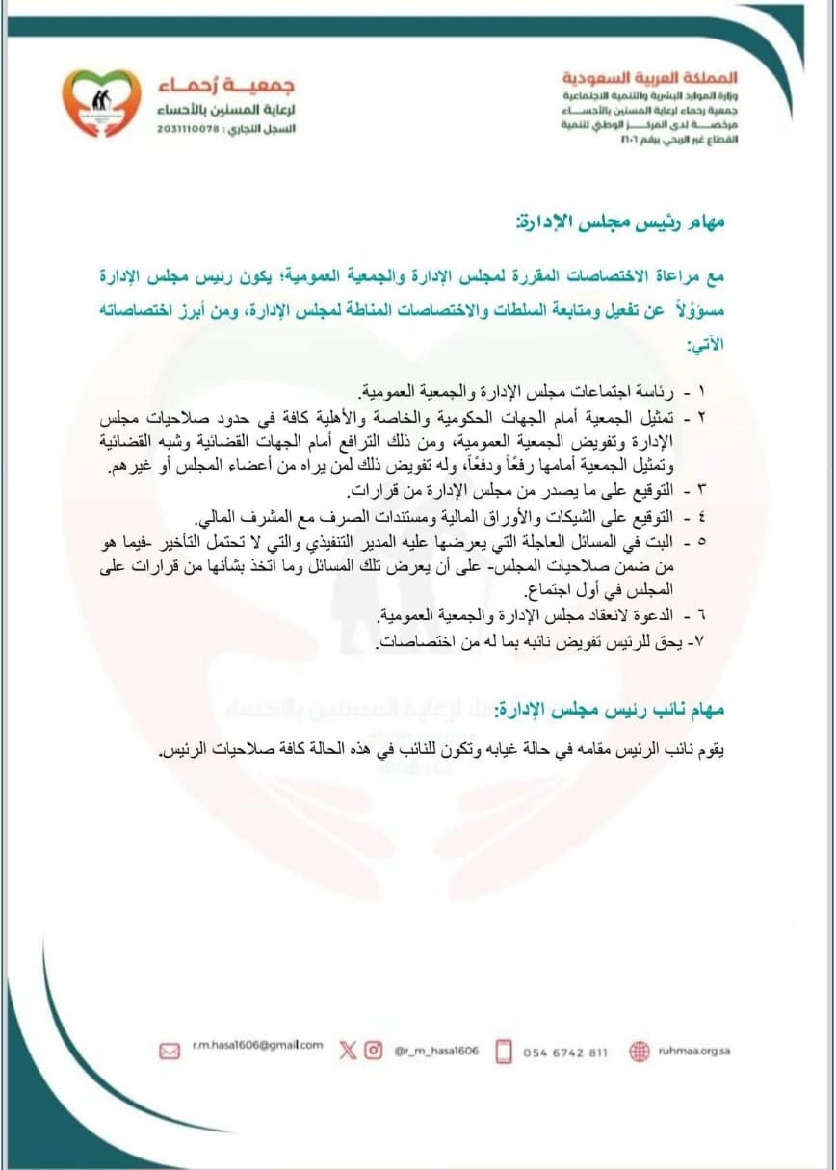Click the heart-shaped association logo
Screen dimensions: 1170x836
(100, 103)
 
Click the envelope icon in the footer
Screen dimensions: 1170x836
(170, 1051)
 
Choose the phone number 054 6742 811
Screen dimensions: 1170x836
(565, 1053)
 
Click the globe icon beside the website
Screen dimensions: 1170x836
(640, 1052)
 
